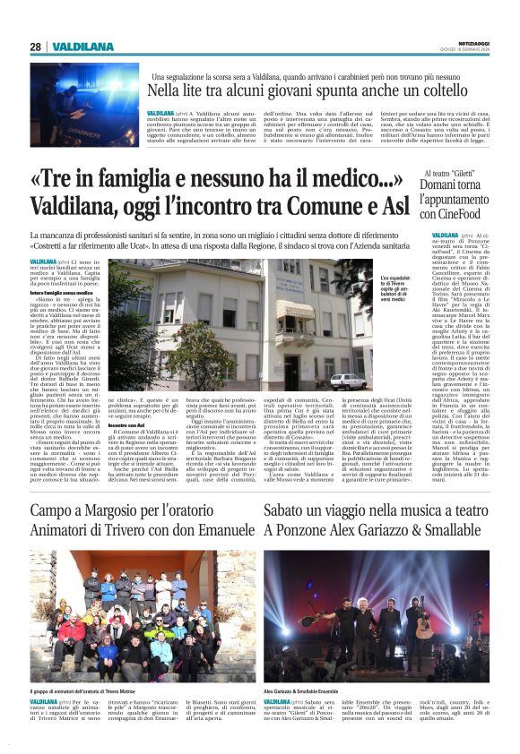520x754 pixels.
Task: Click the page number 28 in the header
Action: pyautogui.click(x=35, y=47)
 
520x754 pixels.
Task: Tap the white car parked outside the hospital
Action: pyautogui.click(x=342, y=381)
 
